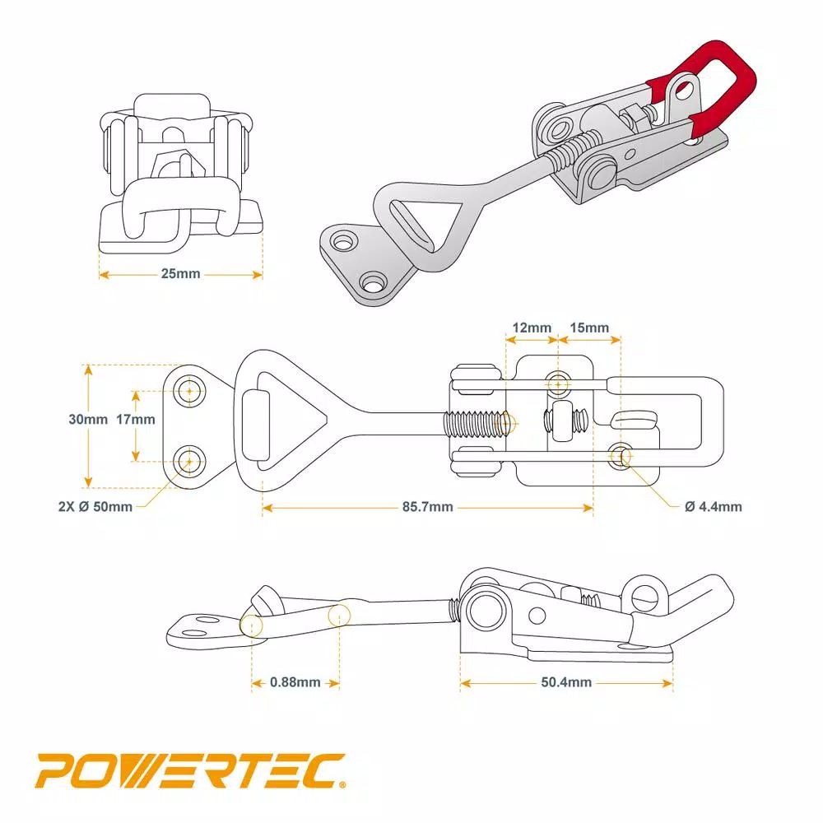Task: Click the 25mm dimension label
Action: pos(180,274)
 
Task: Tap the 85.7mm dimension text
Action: pos(427,507)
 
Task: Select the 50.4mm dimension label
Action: pos(567,682)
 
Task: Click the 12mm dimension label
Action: pos(532,328)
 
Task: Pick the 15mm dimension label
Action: pos(589,328)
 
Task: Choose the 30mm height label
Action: pos(88,419)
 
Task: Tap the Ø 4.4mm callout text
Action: pos(713,507)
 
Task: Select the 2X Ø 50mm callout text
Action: pos(95,507)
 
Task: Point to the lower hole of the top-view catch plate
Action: pos(192,459)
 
